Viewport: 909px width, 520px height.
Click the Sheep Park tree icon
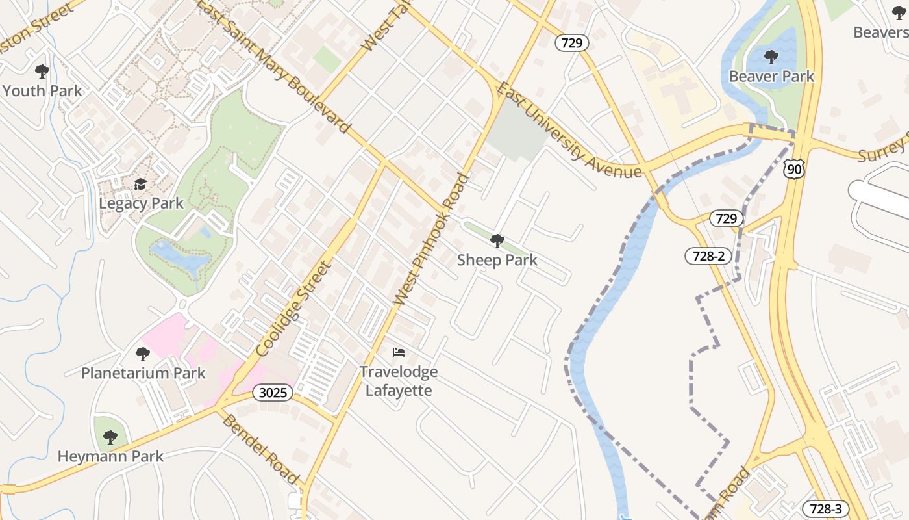pos(497,242)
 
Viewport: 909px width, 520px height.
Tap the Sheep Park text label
pos(497,261)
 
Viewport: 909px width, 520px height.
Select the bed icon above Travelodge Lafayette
pos(399,352)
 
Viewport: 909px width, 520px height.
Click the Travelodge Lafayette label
pos(399,381)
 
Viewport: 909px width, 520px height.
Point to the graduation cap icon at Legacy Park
pos(141,185)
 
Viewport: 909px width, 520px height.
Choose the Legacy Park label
pos(141,203)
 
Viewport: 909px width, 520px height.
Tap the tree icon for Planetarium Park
pos(143,354)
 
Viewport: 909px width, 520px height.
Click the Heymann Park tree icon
pos(110,437)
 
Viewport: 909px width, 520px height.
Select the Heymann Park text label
pos(110,456)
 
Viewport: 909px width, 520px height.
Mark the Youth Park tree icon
pos(42,71)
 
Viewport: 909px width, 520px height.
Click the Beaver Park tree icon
pos(771,57)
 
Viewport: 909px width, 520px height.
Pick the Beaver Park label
pos(771,76)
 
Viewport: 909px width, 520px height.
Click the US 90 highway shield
pos(794,168)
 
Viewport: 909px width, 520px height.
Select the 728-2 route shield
pos(708,256)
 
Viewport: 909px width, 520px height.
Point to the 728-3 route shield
pos(826,509)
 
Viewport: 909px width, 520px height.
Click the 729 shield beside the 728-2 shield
pos(726,218)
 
